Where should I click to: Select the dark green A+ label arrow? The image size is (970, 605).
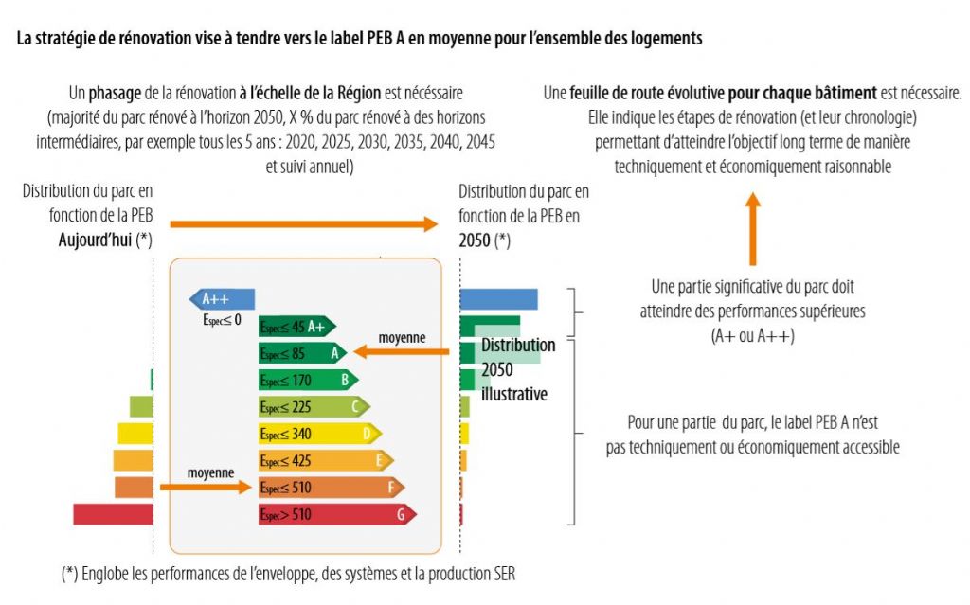point(296,327)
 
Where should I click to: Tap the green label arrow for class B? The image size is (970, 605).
point(308,381)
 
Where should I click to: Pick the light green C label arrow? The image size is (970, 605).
point(314,407)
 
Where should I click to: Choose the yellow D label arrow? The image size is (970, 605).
point(319,434)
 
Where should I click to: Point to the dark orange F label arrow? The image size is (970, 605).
point(331,488)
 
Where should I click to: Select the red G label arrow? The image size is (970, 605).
point(336,514)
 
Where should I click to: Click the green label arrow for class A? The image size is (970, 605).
point(302,353)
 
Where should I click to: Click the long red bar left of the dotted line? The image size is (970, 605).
point(113,514)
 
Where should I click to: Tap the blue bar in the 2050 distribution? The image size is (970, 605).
point(498,299)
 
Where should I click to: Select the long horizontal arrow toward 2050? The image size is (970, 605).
point(304,224)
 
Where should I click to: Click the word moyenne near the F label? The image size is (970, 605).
point(210,472)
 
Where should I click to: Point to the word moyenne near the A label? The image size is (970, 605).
point(402,337)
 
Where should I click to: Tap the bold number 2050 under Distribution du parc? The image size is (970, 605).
point(475,240)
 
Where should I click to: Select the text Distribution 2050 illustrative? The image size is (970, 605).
point(517,369)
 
